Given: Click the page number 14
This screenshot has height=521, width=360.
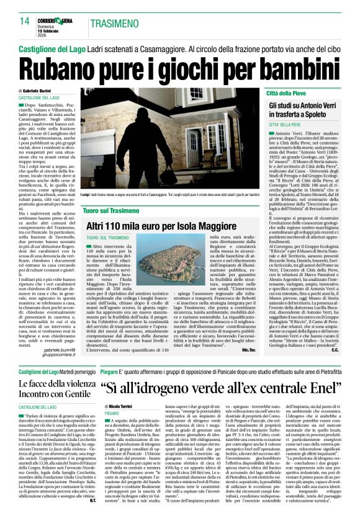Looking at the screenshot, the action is (25, 22).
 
